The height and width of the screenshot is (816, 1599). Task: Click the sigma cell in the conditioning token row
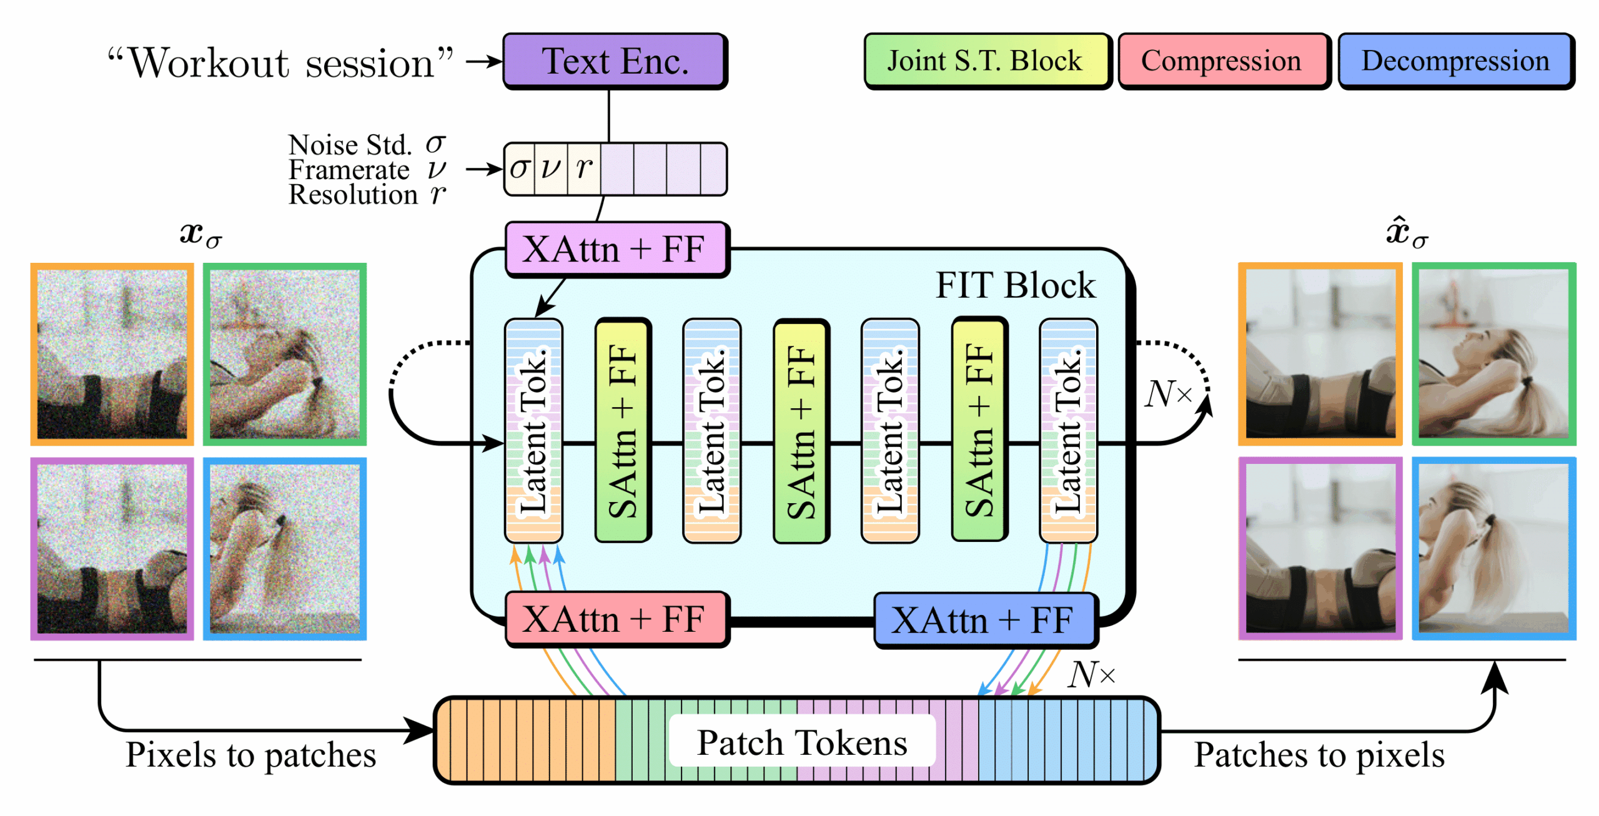[x=519, y=169]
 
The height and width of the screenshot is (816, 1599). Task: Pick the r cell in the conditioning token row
[x=584, y=169]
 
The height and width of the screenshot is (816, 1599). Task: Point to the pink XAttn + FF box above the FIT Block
[x=615, y=249]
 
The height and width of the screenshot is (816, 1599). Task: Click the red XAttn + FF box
[x=615, y=619]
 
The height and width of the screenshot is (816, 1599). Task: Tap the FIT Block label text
[x=1014, y=285]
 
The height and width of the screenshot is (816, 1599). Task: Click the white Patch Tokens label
[x=801, y=742]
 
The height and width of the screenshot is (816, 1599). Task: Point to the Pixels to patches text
[x=250, y=754]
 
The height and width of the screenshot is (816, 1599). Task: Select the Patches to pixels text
[x=1319, y=754]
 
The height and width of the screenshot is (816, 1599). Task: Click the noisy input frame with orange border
[x=112, y=354]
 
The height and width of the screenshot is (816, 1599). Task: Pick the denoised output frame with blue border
[x=1493, y=548]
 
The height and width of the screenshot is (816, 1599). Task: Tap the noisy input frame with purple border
[x=112, y=548]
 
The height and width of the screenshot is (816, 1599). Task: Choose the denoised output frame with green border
[x=1493, y=354]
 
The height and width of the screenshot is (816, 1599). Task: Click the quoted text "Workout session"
[x=280, y=63]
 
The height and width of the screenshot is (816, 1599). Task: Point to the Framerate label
[x=349, y=170]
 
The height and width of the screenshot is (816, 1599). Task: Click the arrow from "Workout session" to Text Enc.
[x=484, y=61]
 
